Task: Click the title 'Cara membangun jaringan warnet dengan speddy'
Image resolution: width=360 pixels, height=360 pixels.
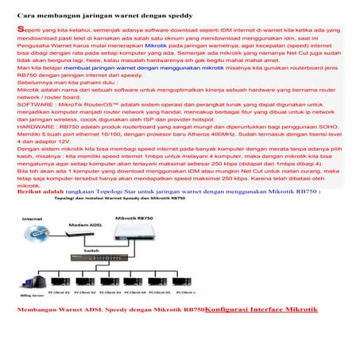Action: point(92,14)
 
